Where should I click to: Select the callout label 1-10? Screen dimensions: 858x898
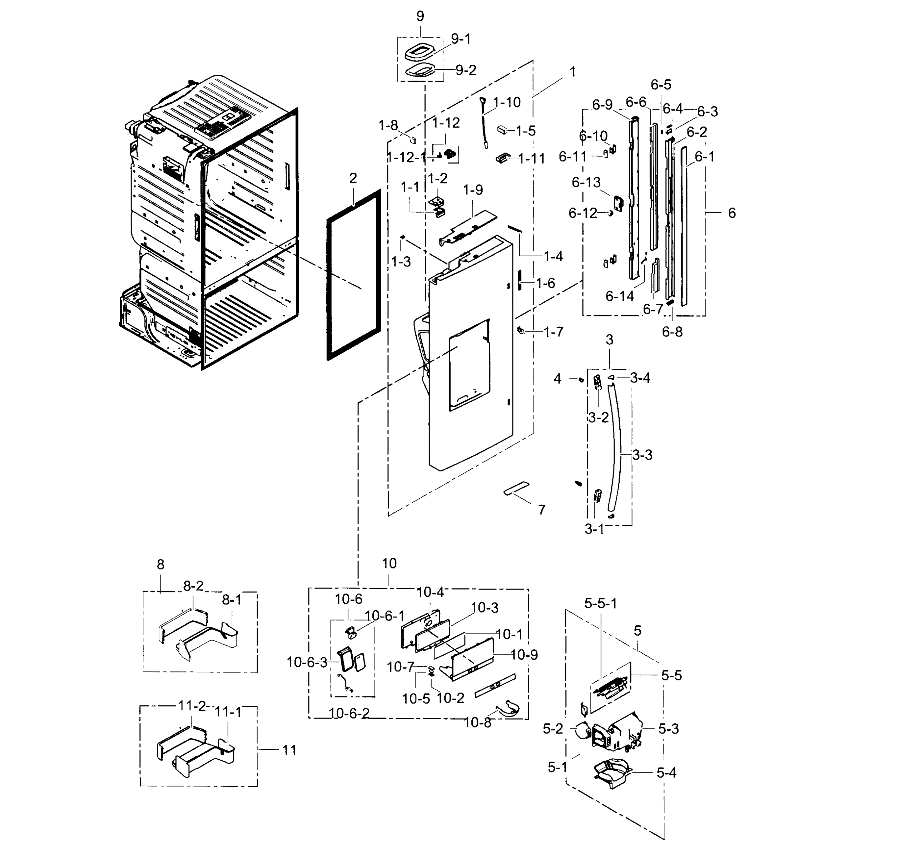pos(507,103)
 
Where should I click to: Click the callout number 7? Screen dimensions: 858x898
pos(541,509)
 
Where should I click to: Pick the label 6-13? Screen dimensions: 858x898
pos(586,182)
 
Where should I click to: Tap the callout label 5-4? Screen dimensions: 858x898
pos(666,773)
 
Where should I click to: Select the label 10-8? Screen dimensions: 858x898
pos(477,723)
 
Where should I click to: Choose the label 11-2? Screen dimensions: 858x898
pos(192,706)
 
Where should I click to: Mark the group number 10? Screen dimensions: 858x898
pos(389,563)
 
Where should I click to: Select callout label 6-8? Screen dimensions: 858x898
pos(672,332)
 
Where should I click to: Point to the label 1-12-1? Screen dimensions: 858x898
pos(407,158)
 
